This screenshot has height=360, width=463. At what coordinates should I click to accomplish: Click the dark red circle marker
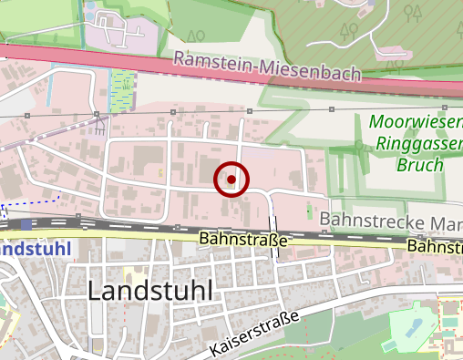pyautogui.click(x=231, y=180)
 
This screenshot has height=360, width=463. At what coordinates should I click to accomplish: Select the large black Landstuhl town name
pyautogui.click(x=151, y=291)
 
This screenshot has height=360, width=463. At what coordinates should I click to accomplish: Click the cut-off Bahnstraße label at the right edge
pyautogui.click(x=435, y=246)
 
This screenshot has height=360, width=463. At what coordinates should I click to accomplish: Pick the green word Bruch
pyautogui.click(x=419, y=165)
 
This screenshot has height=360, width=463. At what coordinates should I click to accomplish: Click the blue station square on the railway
pyautogui.click(x=26, y=223)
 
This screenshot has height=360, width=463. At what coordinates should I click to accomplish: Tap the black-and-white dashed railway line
pyautogui.click(x=137, y=228)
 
